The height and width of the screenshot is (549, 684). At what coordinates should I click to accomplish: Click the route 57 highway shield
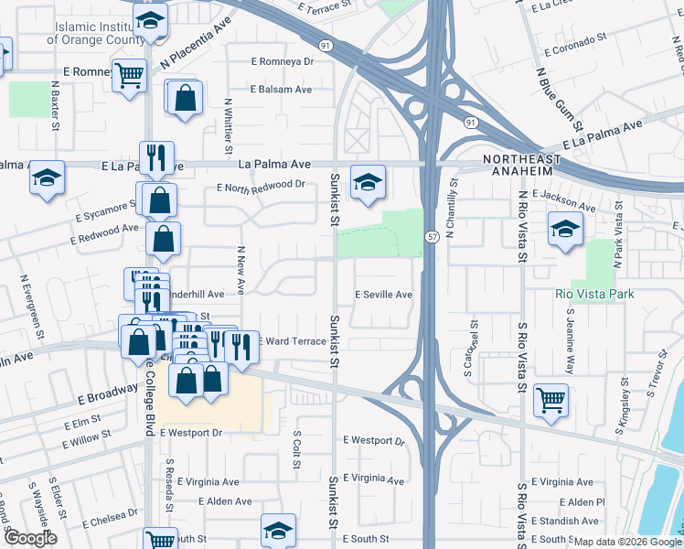coord(430,237)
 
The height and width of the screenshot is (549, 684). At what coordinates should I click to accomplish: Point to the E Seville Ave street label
coord(383,295)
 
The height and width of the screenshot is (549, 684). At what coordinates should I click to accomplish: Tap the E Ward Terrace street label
coord(294,340)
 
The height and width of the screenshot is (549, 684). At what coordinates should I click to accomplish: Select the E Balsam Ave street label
coord(281,90)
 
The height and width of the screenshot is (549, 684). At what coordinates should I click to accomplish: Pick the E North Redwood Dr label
coord(260,185)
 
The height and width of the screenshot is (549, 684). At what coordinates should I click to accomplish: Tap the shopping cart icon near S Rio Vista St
coord(551,398)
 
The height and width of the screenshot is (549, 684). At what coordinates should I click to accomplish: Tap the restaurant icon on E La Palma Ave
coord(156,156)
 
